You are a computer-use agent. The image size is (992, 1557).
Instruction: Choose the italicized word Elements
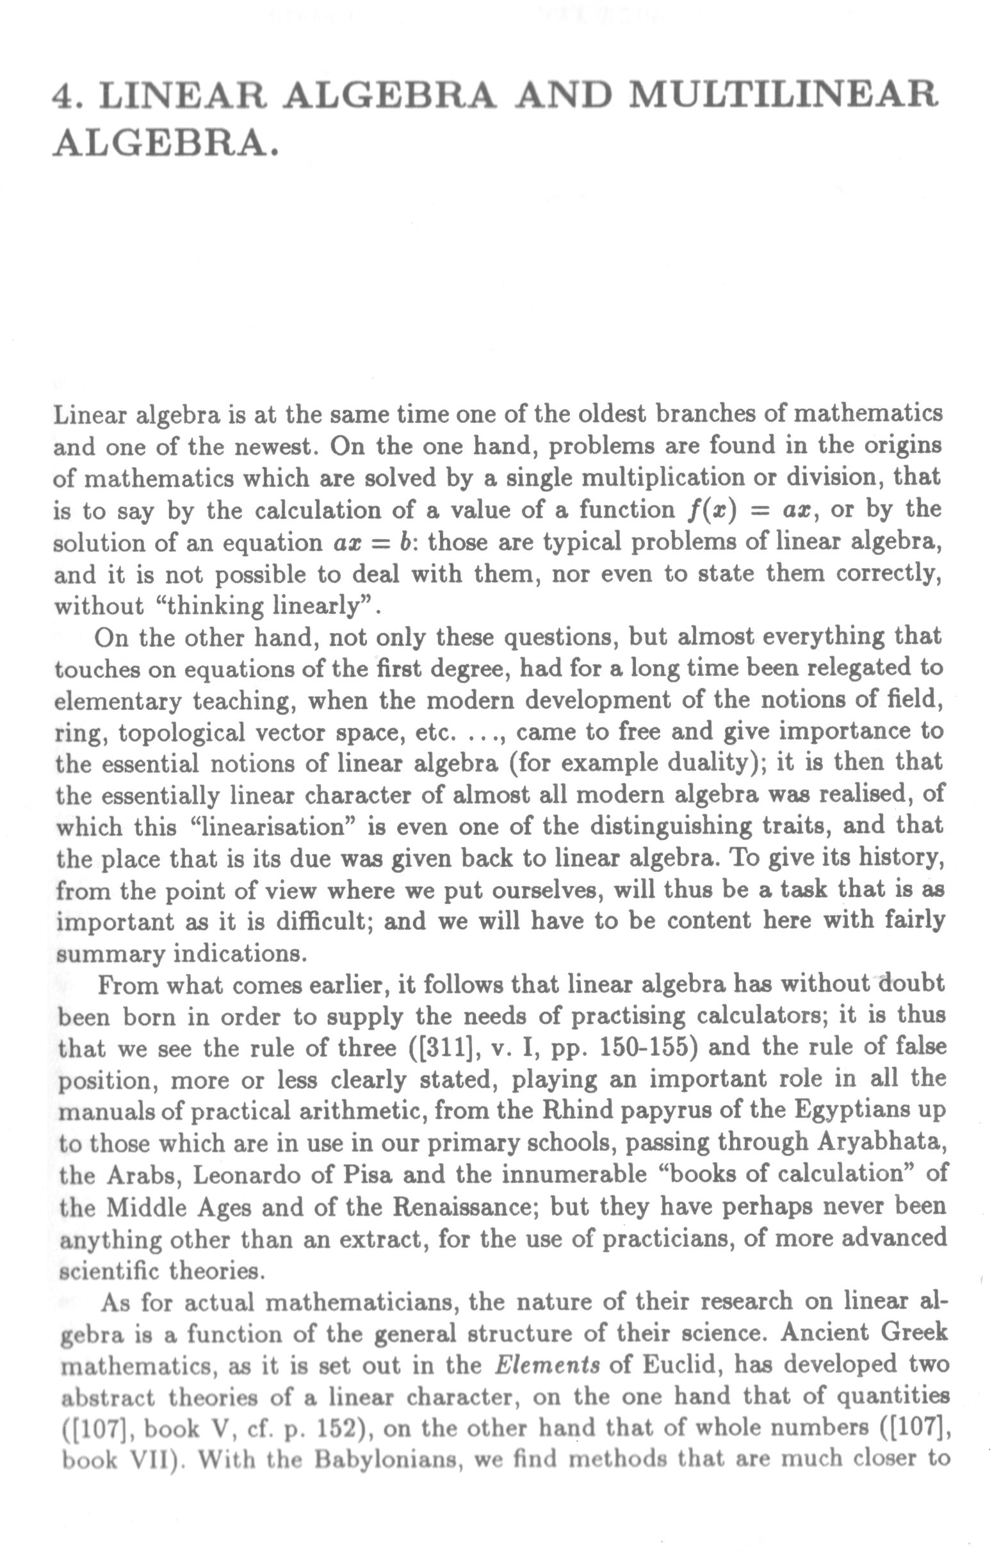547,1365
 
